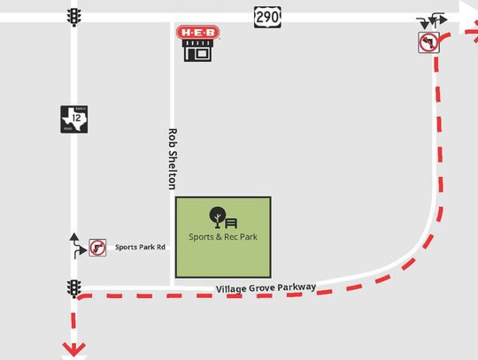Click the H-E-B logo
coord(197,33)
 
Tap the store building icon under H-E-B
coord(197,51)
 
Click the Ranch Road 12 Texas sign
coord(73,119)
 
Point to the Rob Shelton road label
coord(173,159)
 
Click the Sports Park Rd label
coord(141,247)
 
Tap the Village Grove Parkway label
coord(265,288)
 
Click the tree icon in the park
coord(215,216)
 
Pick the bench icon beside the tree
coord(232,222)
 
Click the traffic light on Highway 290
coord(73,17)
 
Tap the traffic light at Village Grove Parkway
coord(73,288)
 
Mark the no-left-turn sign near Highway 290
coord(428,42)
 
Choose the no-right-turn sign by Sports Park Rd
coord(96,249)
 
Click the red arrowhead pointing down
coord(74,350)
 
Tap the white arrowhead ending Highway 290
coord(466,11)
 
